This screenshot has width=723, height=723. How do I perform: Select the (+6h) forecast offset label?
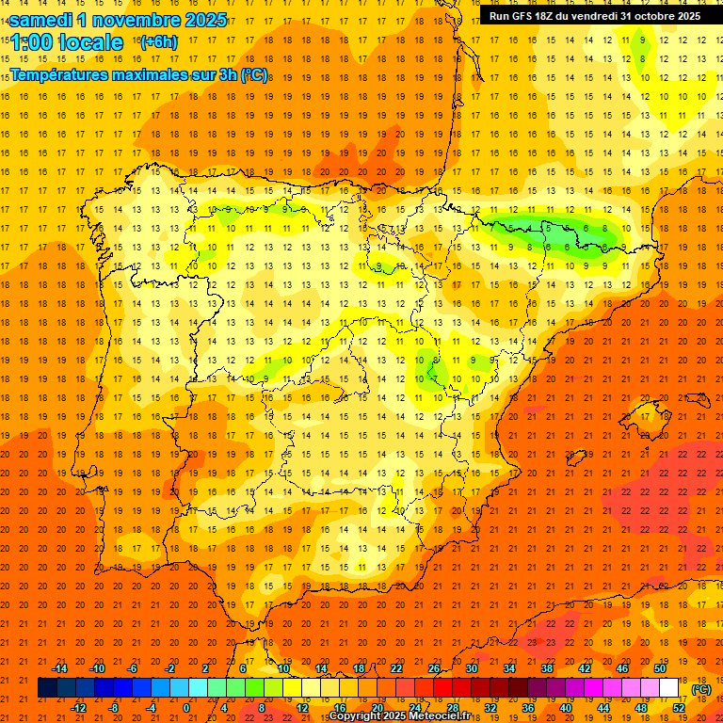157,41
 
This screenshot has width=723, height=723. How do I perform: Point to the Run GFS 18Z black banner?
595,15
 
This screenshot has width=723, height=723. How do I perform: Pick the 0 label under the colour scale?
186,707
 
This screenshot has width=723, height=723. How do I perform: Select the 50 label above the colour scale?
660,668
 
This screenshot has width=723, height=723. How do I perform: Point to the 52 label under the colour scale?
679,707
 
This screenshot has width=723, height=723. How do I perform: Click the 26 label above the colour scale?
434,668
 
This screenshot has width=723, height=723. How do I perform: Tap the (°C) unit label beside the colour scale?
700,688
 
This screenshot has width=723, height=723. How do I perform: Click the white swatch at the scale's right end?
668,688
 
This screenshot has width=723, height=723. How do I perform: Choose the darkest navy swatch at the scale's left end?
47,688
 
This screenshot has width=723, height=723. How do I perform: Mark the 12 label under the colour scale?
302,707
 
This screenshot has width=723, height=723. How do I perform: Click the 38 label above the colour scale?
547,668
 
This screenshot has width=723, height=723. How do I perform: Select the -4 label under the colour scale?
151,707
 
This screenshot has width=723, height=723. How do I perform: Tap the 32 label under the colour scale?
490,707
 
